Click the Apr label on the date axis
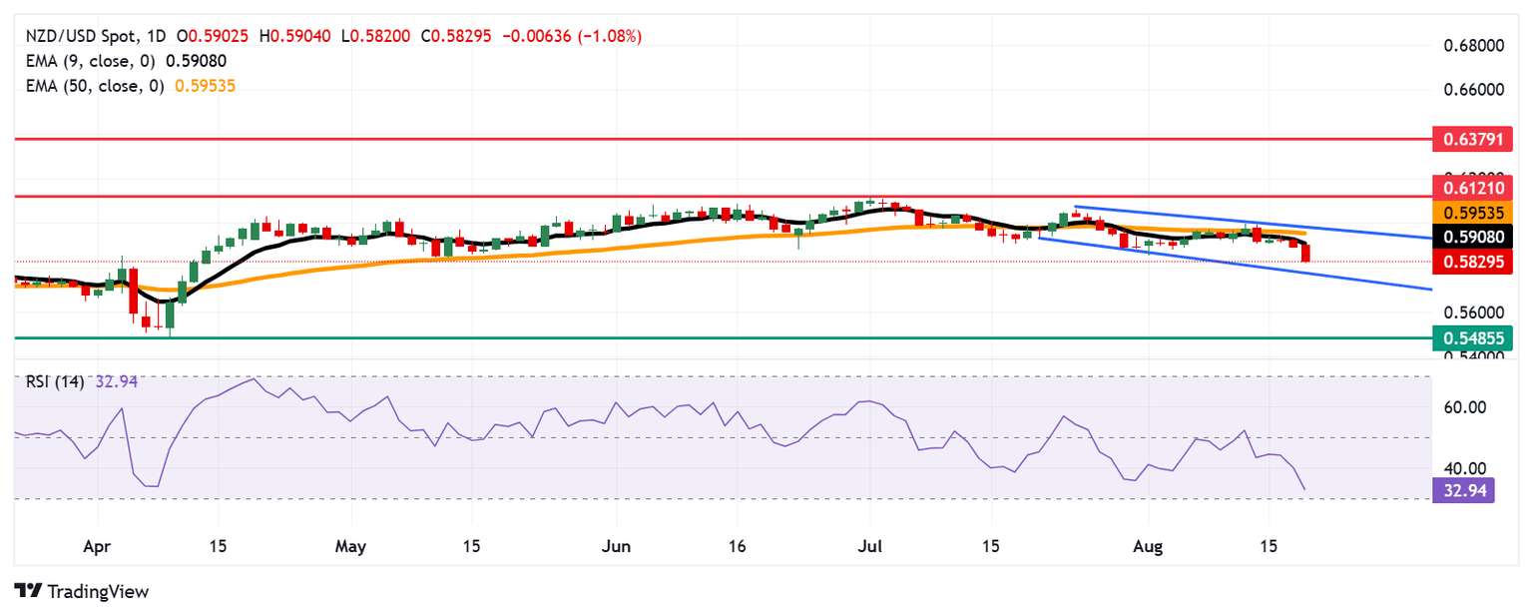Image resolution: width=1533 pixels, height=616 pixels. click(97, 547)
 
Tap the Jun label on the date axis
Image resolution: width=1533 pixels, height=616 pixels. click(617, 547)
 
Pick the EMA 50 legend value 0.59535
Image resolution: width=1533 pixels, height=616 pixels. click(205, 86)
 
